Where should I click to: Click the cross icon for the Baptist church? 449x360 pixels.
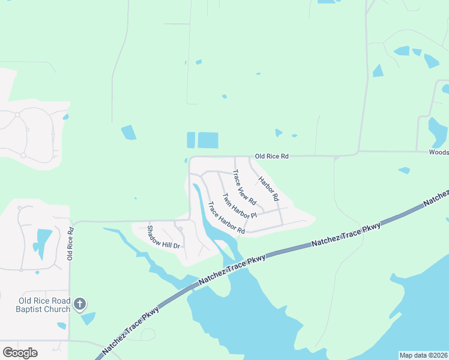[x=80, y=305]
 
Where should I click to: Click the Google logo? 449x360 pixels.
[x=20, y=353]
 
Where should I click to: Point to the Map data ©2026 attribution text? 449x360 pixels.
[x=424, y=355]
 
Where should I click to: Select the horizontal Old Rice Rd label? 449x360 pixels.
[x=272, y=156]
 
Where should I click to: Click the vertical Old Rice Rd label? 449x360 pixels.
[x=71, y=242]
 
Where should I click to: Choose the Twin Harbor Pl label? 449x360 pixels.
[x=239, y=206]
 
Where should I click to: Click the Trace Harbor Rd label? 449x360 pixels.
[x=226, y=218]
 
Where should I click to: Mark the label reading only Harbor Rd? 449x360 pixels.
[x=269, y=188]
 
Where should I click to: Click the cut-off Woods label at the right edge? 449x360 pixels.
[x=439, y=152]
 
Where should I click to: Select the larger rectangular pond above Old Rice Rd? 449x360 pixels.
[x=208, y=140]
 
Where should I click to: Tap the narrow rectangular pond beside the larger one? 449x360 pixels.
[x=191, y=140]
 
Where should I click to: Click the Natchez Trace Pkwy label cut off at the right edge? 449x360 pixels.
[x=436, y=197]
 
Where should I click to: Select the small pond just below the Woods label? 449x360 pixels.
[x=404, y=170]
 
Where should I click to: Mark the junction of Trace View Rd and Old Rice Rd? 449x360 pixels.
[x=235, y=157]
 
